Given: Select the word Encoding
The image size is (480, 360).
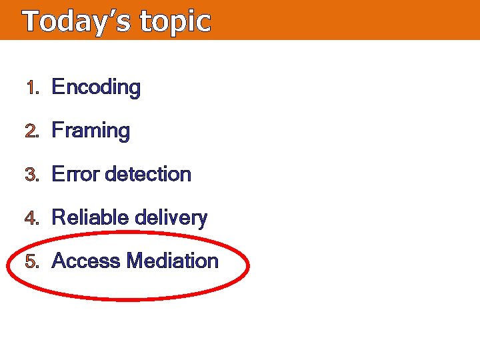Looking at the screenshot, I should click(x=96, y=87).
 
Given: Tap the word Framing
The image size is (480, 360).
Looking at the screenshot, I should click(x=91, y=131).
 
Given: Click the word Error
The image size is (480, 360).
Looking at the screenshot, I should click(x=76, y=175).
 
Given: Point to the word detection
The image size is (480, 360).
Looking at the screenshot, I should click(x=149, y=175).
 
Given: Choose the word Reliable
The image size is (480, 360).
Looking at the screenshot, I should click(x=91, y=218).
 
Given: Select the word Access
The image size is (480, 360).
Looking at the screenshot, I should click(x=86, y=261).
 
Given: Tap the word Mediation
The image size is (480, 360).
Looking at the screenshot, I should click(x=172, y=261).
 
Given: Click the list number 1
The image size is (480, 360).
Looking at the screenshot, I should click(x=29, y=87).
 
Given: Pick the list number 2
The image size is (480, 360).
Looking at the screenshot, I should click(x=30, y=131).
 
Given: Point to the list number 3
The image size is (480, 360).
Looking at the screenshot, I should click(x=30, y=175).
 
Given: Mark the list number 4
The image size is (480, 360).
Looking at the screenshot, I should click(x=30, y=218).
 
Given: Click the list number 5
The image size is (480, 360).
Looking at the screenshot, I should click(x=30, y=261).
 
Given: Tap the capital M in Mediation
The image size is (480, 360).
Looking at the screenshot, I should click(x=135, y=261).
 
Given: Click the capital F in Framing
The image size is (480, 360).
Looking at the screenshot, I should click(x=57, y=130).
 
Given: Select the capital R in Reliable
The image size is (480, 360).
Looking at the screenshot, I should click(x=58, y=218).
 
